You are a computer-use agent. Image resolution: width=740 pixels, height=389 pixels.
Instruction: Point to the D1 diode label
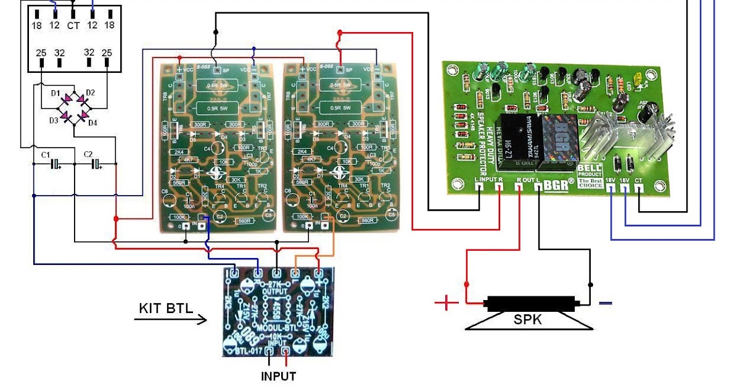55,93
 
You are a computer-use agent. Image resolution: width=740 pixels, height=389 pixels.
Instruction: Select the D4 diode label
92,123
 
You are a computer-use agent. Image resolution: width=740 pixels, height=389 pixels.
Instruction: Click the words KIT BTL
165,307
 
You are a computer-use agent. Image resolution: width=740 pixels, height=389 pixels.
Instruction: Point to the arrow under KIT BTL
171,320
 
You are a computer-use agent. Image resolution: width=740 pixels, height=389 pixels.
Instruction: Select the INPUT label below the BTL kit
278,376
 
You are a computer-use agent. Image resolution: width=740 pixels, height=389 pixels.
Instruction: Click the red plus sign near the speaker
446,303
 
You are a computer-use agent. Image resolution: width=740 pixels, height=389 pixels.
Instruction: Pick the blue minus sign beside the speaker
606,303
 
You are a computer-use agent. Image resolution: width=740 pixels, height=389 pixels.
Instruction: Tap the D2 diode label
91,93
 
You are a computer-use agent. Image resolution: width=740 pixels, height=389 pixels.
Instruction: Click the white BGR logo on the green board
559,183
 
